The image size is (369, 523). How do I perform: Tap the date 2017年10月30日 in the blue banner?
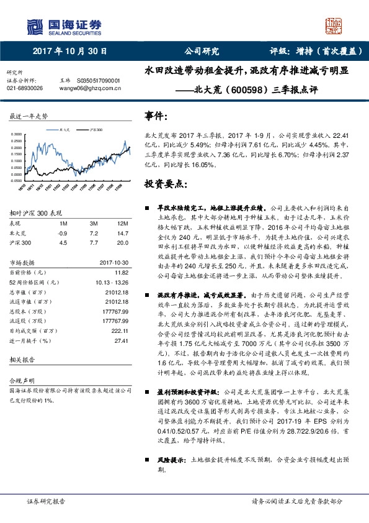coord(70,52)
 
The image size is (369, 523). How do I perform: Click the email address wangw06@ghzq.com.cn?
coord(89,88)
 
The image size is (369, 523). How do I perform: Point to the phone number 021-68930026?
coord(25,88)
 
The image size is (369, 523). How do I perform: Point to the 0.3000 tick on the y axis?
coord(16,134)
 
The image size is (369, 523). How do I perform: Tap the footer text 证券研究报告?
coord(45,501)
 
